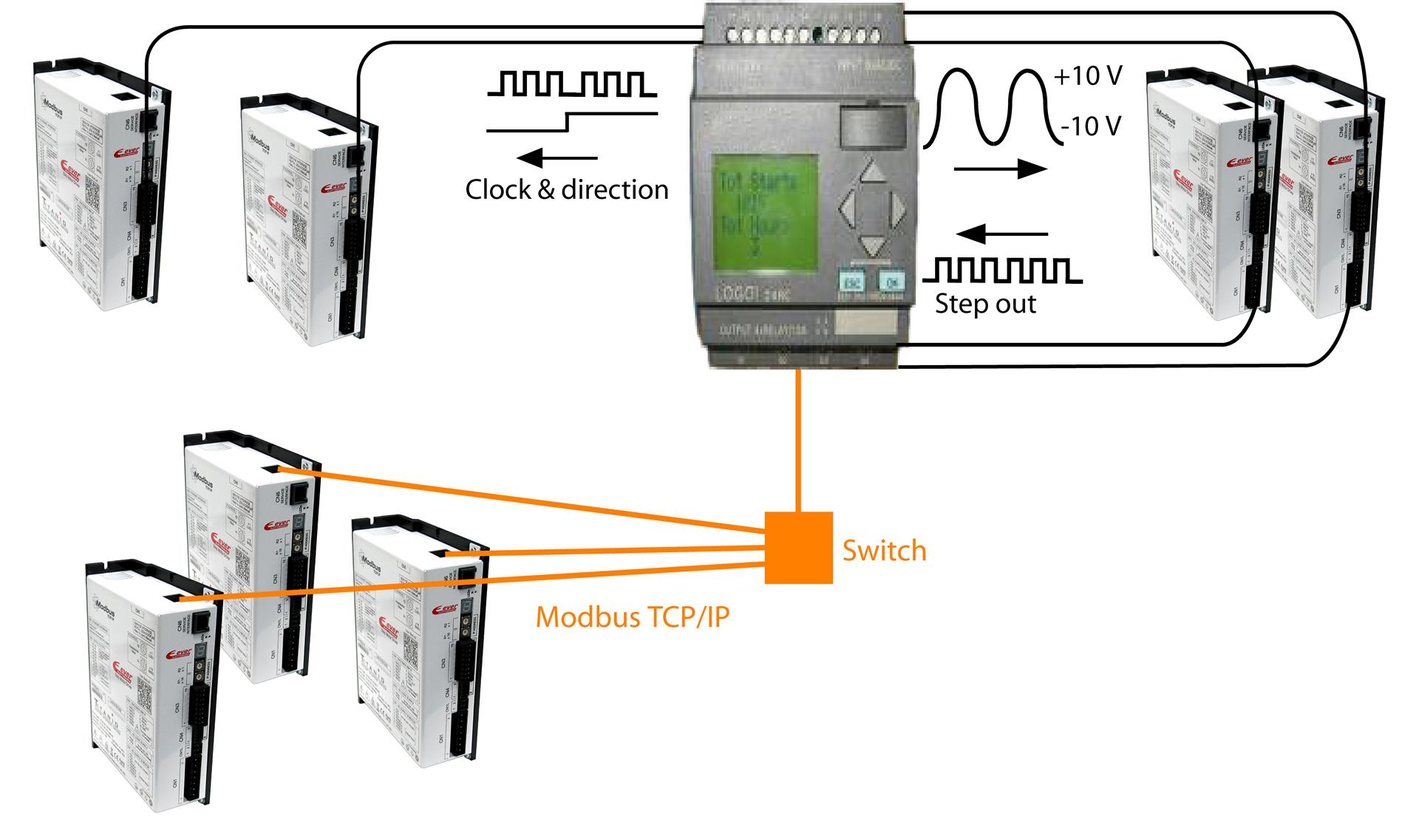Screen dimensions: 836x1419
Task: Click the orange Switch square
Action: (798, 548)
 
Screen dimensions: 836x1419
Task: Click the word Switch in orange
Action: (884, 551)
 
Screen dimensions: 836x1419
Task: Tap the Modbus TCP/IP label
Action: (632, 616)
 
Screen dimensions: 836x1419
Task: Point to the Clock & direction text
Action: (566, 190)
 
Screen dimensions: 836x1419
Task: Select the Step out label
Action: (985, 304)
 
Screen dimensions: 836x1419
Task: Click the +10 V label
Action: (1088, 77)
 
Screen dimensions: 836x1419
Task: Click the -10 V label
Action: (1091, 126)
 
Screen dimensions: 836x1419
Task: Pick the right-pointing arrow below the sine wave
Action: (1001, 169)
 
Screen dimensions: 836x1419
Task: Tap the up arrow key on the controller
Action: (874, 172)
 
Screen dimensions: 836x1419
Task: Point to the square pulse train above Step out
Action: (1002, 271)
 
